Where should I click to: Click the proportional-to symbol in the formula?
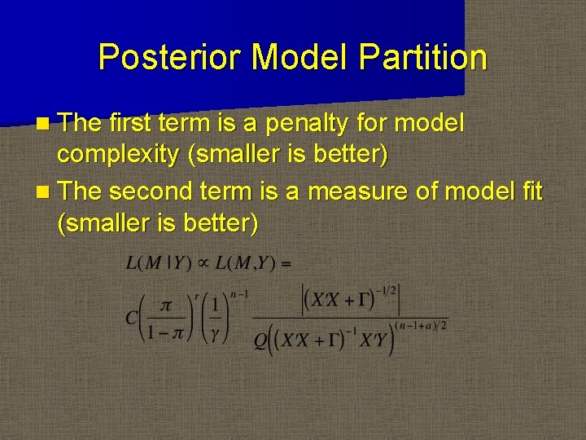tap(199, 263)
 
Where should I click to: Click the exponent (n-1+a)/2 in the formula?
tap(422, 326)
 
